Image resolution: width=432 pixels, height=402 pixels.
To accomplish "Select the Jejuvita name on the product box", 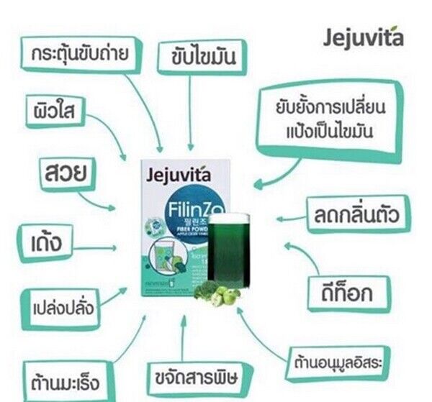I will point(176,173).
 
